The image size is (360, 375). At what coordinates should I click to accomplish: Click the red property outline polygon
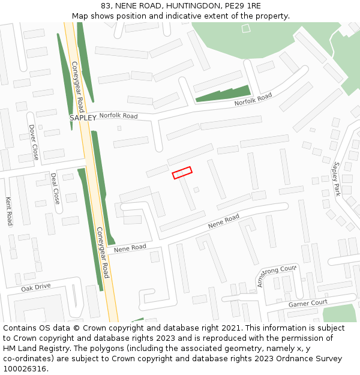click(182, 173)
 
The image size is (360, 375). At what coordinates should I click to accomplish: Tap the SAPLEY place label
click(83, 118)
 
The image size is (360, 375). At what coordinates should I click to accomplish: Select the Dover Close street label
click(34, 142)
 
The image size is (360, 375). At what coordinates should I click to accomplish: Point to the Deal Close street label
click(55, 188)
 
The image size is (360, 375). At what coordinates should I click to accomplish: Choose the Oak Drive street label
click(36, 287)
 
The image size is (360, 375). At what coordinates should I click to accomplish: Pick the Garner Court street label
click(308, 304)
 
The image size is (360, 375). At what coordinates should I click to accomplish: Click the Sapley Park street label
click(337, 179)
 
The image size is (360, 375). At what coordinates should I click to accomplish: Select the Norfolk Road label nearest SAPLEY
click(118, 115)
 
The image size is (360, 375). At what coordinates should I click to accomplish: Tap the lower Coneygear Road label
click(103, 253)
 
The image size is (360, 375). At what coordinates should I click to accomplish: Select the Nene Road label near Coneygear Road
click(130, 247)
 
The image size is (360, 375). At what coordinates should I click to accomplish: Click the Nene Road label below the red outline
click(223, 221)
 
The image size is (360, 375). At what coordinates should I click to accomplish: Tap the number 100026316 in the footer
click(25, 368)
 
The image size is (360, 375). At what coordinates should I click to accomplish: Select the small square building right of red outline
click(196, 190)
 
